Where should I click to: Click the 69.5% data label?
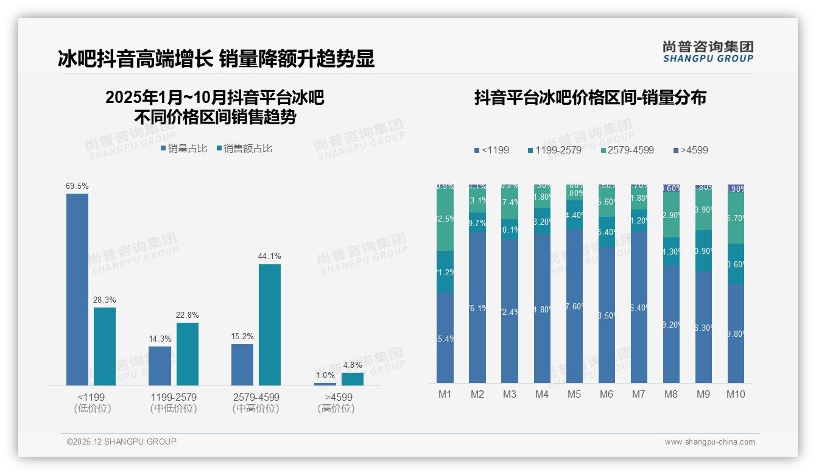(x=77, y=186)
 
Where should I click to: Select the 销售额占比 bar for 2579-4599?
(x=270, y=324)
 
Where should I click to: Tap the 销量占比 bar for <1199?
(x=77, y=289)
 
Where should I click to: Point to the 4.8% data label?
(x=353, y=365)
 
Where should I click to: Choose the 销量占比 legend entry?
(x=184, y=148)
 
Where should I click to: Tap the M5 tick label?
(x=574, y=394)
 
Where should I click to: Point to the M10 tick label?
(x=736, y=394)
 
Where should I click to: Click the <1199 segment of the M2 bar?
(x=477, y=307)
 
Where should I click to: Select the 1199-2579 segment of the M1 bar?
(x=445, y=272)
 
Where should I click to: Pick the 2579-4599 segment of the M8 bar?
(x=671, y=215)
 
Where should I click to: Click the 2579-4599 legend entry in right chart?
(x=627, y=150)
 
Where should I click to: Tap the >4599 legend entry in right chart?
(x=691, y=150)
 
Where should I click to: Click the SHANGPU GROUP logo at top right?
(x=708, y=52)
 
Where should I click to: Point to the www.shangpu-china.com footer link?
(x=709, y=442)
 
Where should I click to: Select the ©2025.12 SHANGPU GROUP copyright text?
(x=122, y=442)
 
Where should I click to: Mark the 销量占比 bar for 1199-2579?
(x=160, y=365)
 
